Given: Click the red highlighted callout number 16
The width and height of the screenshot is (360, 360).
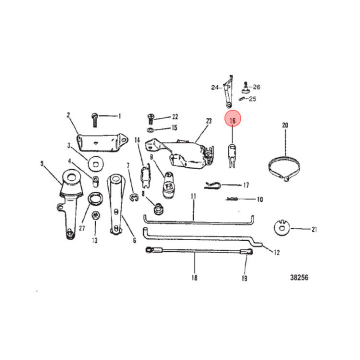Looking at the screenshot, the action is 232,120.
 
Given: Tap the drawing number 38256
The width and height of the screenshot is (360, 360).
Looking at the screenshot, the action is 299,277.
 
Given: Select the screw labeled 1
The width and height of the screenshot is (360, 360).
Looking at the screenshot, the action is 94,120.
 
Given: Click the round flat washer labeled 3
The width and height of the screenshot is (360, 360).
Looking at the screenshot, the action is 96,164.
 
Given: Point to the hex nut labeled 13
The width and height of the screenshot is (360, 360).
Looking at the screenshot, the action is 95,215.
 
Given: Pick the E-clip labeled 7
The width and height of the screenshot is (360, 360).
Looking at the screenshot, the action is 134,197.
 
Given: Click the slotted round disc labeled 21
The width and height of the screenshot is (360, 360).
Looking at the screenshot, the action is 282,227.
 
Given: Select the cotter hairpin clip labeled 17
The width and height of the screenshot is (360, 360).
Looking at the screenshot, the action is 212,185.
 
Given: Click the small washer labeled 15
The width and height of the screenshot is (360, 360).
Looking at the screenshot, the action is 150,130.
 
